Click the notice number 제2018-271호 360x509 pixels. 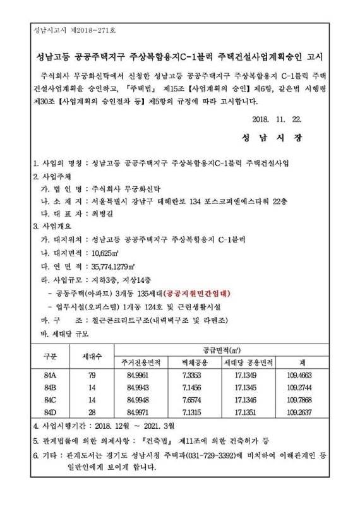tap(102, 30)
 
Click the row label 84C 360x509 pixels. tap(50, 400)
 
